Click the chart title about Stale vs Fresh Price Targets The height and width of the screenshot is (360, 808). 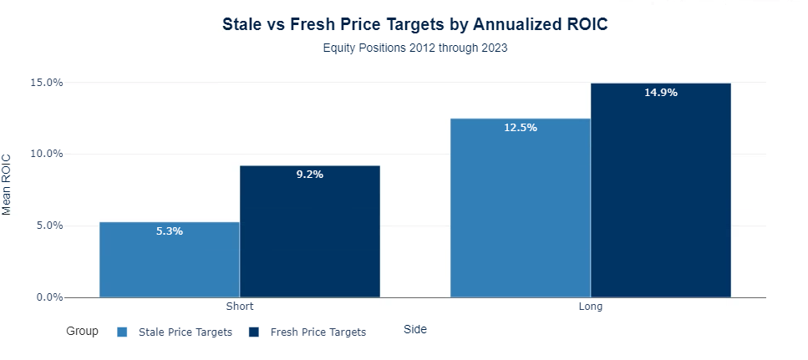414,24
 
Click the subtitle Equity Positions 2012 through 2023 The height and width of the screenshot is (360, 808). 414,48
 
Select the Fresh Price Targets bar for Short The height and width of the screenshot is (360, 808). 310,238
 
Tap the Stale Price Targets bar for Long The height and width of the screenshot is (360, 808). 520,213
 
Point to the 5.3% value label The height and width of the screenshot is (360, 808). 170,231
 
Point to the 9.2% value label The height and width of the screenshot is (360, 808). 310,175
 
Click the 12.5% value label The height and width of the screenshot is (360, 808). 520,128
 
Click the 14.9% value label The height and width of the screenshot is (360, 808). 660,93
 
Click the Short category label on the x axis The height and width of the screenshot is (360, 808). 240,307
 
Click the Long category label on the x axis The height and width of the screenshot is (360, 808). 590,307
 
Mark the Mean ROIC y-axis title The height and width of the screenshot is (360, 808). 8,184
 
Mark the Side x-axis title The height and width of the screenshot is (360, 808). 414,329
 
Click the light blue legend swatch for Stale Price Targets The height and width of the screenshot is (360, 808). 123,332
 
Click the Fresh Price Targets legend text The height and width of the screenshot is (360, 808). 318,332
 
